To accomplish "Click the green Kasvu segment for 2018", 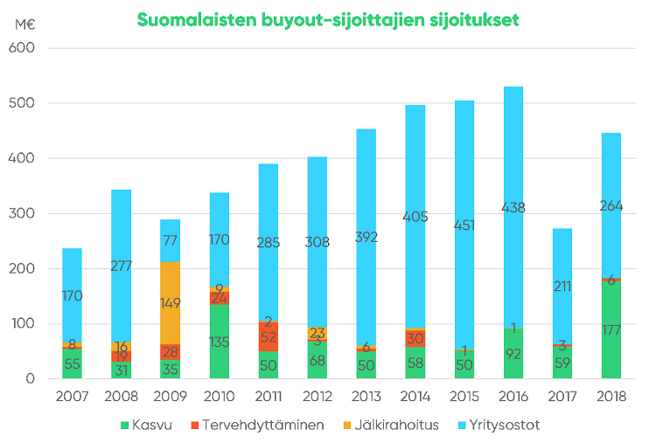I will [611, 350].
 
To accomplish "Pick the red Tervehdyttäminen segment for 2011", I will [269, 336].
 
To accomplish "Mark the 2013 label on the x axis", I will [366, 397].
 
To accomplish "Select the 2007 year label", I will [72, 397].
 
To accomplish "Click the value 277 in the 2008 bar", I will [121, 266].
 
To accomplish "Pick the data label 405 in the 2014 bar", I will [415, 217].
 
